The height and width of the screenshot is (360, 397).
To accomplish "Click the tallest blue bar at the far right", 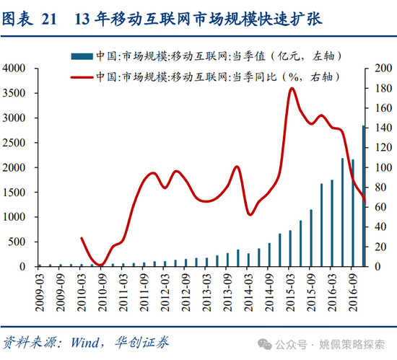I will pyautogui.click(x=364, y=195).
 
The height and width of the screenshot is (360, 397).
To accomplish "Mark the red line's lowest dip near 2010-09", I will pyautogui.click(x=102, y=265).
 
